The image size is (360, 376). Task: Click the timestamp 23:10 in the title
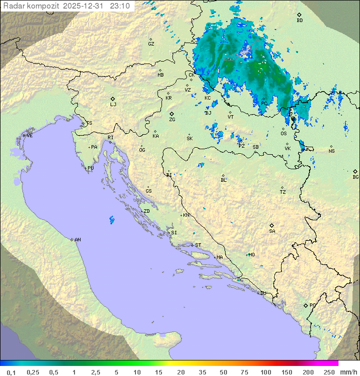tap(120, 6)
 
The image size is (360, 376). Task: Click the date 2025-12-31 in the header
tap(84, 6)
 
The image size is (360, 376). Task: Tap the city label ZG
tap(172, 120)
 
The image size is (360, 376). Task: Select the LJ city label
tap(113, 104)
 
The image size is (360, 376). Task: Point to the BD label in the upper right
tap(299, 21)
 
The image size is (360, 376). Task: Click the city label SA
tap(272, 231)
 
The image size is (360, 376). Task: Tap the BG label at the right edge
tap(355, 177)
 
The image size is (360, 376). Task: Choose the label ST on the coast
tap(198, 245)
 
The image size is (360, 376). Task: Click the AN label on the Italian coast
tap(77, 240)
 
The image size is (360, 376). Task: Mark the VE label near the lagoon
tap(29, 135)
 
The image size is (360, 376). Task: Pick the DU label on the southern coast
tap(262, 293)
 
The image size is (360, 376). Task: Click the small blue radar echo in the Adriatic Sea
tap(111, 219)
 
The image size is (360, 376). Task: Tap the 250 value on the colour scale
tap(329, 372)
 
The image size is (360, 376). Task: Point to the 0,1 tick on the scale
tap(11, 372)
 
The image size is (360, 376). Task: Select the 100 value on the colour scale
tap(265, 372)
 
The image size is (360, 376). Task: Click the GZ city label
tap(151, 44)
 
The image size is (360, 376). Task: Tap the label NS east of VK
tap(331, 151)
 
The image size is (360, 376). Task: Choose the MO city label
tap(251, 254)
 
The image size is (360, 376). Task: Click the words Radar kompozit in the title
tap(32, 6)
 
